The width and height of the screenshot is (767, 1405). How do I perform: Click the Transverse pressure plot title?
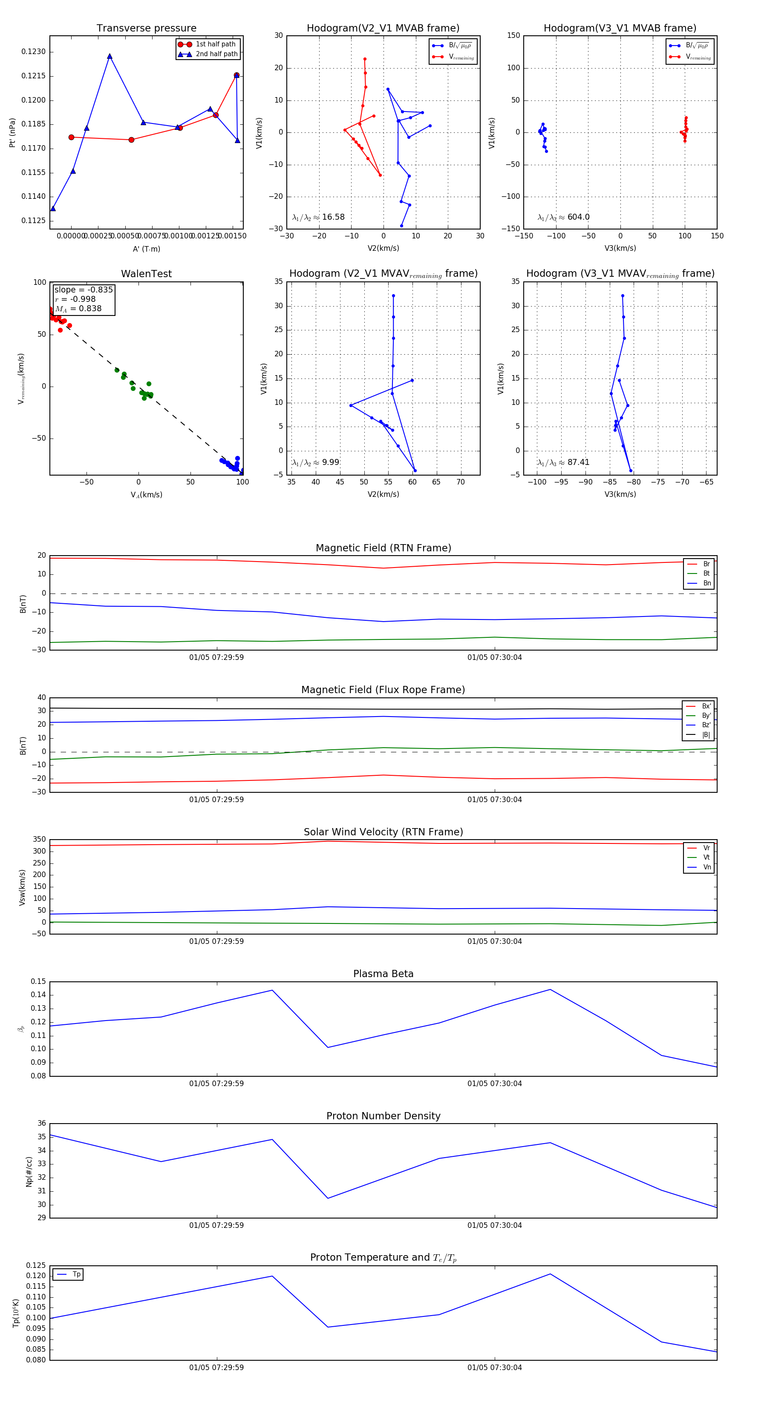[x=146, y=29]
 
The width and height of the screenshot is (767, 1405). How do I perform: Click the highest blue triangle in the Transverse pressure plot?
[x=110, y=56]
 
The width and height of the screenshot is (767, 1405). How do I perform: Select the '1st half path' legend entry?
[x=215, y=44]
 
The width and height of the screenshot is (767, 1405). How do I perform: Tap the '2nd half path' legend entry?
[x=216, y=54]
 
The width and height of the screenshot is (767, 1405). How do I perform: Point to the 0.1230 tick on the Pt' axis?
[x=33, y=52]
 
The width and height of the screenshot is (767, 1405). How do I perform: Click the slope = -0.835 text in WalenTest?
[x=84, y=290]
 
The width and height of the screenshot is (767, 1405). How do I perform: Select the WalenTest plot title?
[x=146, y=274]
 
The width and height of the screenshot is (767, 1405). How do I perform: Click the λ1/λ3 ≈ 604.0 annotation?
[x=563, y=217]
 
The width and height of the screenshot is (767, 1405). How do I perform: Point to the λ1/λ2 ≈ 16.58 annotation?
[x=318, y=217]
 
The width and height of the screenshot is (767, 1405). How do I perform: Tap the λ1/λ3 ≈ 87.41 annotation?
[x=563, y=462]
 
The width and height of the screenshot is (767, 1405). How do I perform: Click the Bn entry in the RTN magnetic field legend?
[x=706, y=583]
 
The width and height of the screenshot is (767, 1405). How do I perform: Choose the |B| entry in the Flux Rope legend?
[x=706, y=735]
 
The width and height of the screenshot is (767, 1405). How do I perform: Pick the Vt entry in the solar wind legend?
[x=706, y=857]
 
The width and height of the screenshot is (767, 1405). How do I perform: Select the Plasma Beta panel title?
[x=383, y=974]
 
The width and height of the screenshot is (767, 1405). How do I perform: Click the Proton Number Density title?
[x=383, y=1116]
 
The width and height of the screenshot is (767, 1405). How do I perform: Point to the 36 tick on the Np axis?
[x=41, y=1124]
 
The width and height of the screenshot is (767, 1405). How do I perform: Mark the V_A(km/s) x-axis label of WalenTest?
[x=146, y=495]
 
